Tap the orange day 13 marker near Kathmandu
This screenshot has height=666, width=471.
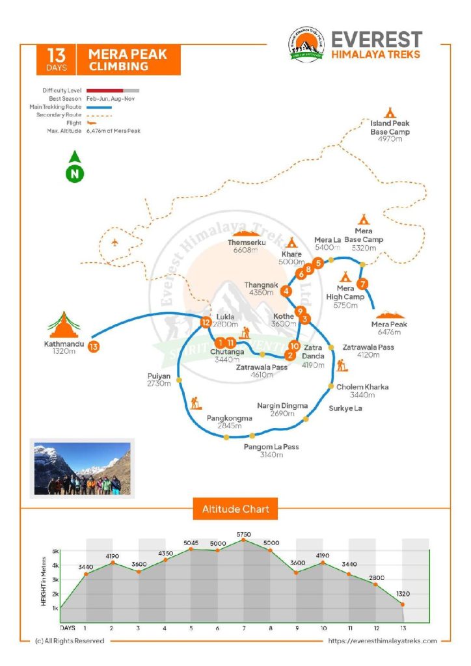point(94,347)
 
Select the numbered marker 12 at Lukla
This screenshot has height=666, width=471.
point(206,323)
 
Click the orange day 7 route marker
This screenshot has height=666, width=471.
point(362,284)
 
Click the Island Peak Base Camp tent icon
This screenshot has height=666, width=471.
point(390,113)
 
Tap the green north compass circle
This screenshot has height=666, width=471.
point(75,174)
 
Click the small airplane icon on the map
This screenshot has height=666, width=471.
point(114,243)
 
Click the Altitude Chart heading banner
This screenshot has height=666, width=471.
point(235,509)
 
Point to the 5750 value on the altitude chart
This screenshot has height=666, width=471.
point(244,535)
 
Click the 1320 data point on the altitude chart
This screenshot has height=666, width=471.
point(402,604)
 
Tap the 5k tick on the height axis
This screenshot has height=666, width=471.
point(55,552)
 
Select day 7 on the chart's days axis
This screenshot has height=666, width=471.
point(244,628)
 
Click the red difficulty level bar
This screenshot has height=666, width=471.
point(105,90)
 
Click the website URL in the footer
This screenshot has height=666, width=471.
point(383,641)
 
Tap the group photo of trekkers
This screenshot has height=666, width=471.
point(83,468)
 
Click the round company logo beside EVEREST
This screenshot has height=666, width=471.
point(306,45)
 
